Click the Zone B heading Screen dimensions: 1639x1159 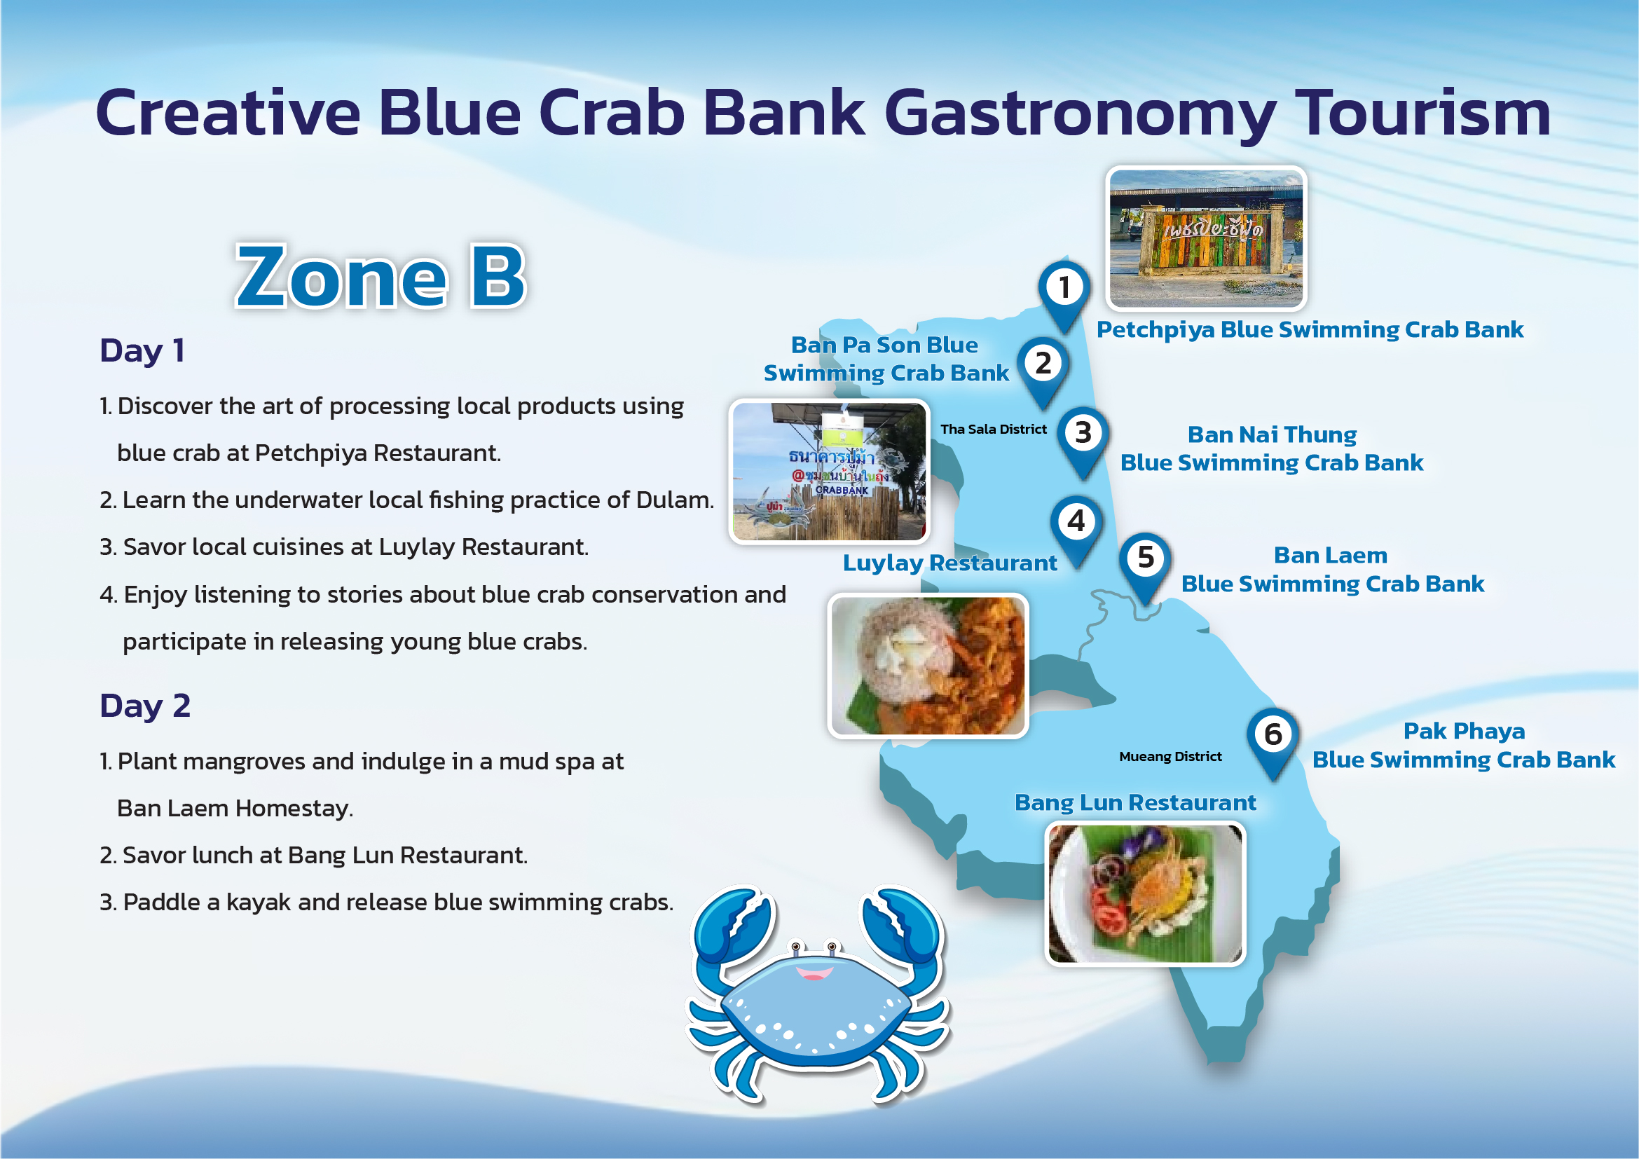(x=380, y=277)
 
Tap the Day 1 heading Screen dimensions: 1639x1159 (x=143, y=350)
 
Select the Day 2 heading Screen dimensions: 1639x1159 (x=145, y=706)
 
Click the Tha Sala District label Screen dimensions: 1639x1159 (x=993, y=429)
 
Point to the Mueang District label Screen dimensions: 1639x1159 (x=1170, y=757)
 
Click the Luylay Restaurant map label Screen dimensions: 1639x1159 (x=949, y=563)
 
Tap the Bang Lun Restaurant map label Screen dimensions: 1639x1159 (x=1135, y=803)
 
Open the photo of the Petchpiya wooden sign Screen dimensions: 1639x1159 (x=1206, y=238)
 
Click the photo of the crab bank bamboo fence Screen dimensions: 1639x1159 (x=829, y=471)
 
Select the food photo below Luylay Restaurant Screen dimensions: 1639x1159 (x=927, y=666)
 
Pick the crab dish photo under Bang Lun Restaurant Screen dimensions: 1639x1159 (x=1145, y=893)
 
